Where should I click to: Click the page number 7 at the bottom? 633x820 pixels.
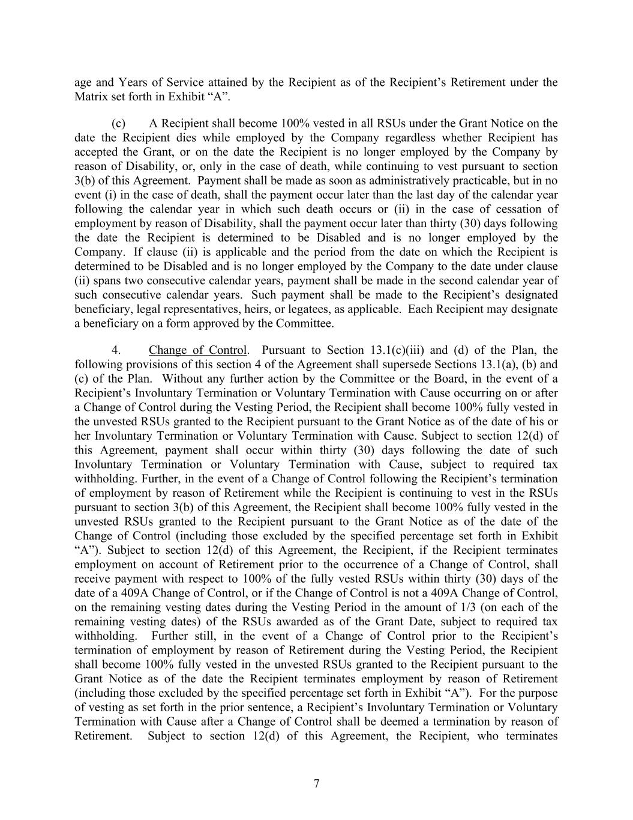[316, 783]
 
